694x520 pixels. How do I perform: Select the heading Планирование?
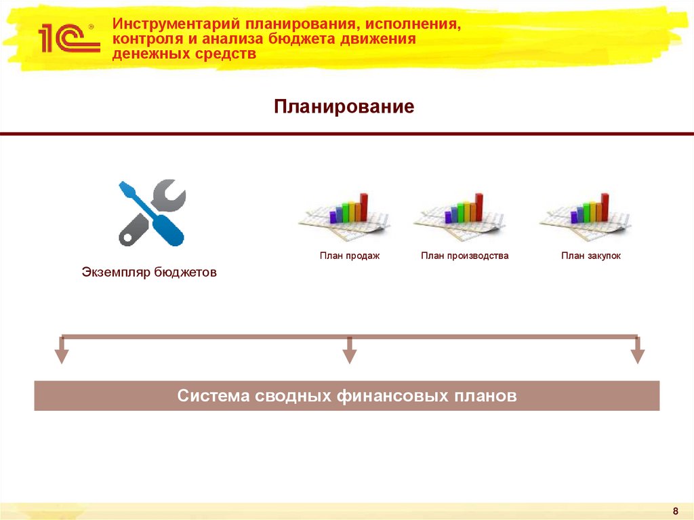(x=344, y=106)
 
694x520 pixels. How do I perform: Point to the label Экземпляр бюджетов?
(x=149, y=273)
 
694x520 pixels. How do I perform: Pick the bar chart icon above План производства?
(x=460, y=214)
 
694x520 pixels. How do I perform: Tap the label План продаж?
(x=350, y=256)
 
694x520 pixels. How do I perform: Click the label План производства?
(x=464, y=256)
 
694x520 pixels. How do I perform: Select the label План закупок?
(x=590, y=256)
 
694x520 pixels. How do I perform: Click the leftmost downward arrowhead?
(x=62, y=355)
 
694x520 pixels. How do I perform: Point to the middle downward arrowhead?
(x=349, y=355)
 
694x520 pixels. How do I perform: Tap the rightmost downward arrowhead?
(x=637, y=355)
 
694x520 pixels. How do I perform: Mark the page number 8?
(x=675, y=511)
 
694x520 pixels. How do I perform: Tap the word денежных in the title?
(x=148, y=54)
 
